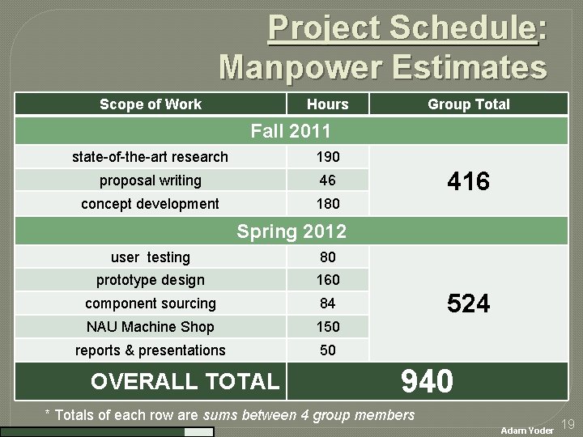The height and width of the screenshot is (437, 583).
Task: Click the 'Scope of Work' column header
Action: tap(151, 104)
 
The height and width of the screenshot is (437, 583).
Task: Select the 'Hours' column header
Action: tap(327, 104)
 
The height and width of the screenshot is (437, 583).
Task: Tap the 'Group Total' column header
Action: tap(468, 104)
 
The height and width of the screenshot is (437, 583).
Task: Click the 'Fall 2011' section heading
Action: tap(291, 129)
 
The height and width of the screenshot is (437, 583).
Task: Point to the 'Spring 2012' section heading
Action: tap(291, 231)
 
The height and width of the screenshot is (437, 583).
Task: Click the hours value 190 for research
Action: tap(327, 156)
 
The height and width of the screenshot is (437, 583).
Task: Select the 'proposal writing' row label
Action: tap(151, 180)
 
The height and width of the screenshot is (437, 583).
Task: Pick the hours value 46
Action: tap(327, 180)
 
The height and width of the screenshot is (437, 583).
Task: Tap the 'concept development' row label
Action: tap(151, 203)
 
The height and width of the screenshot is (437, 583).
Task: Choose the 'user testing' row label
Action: tap(151, 257)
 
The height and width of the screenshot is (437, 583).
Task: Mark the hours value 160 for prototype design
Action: tap(327, 280)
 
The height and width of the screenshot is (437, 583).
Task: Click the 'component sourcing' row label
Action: tap(151, 303)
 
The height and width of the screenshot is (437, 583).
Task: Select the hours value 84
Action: tap(327, 303)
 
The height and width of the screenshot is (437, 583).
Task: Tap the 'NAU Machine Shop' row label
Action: tap(151, 327)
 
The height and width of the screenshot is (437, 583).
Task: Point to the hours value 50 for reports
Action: tap(327, 350)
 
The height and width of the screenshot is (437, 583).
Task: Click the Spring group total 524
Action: tap(468, 303)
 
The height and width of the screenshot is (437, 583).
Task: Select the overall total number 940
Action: tap(427, 380)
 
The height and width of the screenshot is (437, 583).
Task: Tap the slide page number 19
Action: tap(568, 424)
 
